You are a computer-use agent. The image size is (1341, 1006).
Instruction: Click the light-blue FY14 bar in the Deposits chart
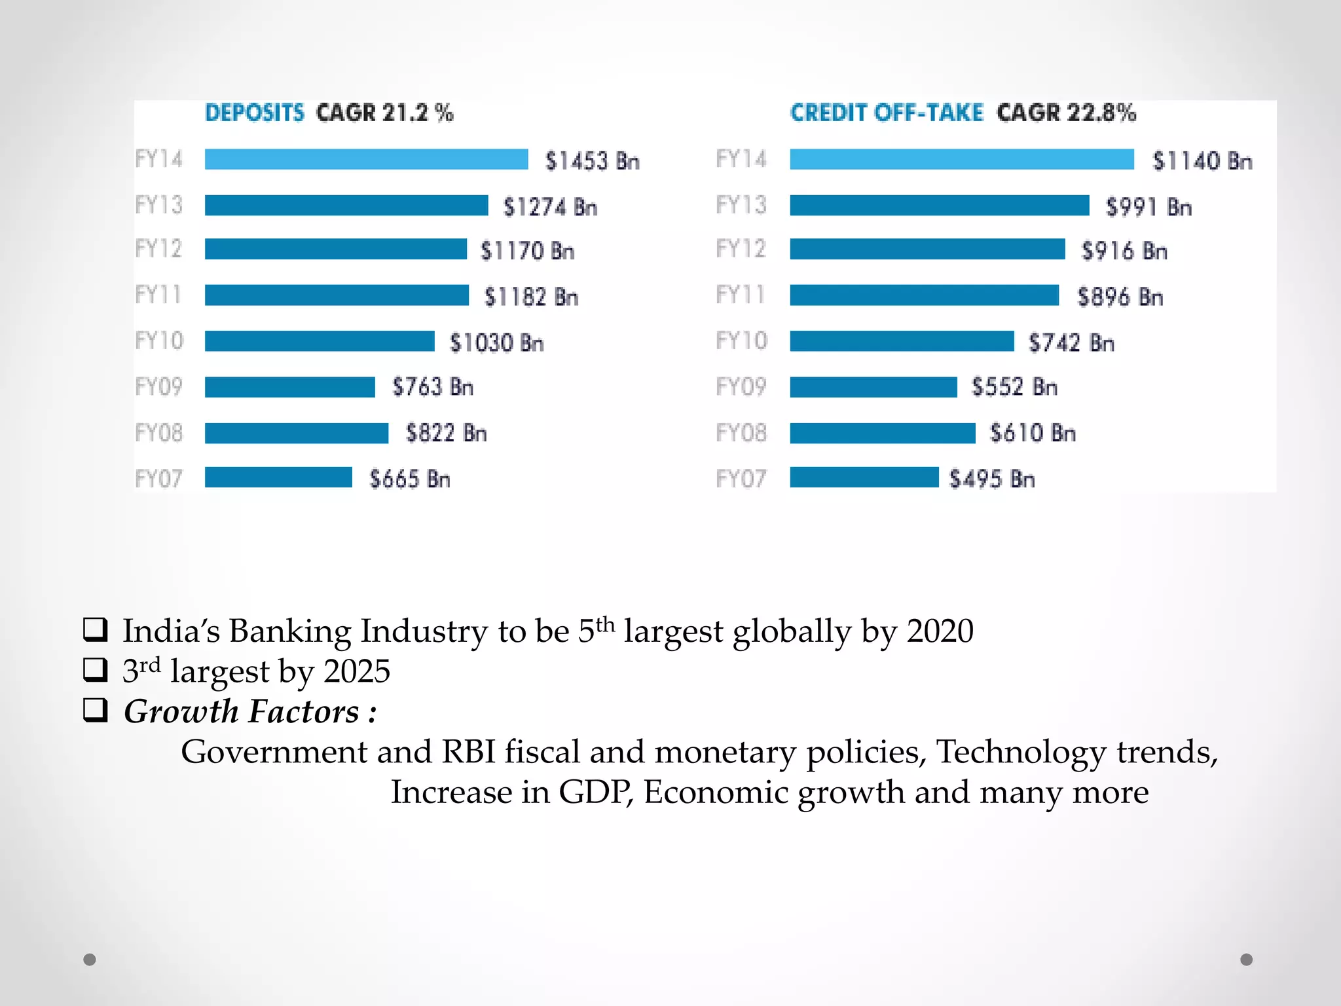pyautogui.click(x=366, y=159)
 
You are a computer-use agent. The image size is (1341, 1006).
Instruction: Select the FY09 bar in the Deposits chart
pyautogui.click(x=289, y=387)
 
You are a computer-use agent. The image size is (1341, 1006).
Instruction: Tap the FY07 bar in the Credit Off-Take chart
pyautogui.click(x=864, y=477)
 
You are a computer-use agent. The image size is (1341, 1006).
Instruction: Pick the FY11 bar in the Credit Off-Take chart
pyautogui.click(x=924, y=295)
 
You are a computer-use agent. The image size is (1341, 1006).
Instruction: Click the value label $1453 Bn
pyautogui.click(x=592, y=161)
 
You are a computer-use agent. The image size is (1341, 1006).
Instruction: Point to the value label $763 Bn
pyautogui.click(x=432, y=387)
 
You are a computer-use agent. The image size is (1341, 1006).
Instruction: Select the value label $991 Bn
pyautogui.click(x=1148, y=207)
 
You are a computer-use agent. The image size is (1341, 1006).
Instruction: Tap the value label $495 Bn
pyautogui.click(x=991, y=479)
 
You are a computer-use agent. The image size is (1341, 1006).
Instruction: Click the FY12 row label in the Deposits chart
pyautogui.click(x=158, y=249)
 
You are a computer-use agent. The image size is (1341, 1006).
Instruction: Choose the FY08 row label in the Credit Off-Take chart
pyautogui.click(x=741, y=433)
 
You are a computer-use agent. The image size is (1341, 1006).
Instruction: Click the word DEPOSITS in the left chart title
pyautogui.click(x=255, y=113)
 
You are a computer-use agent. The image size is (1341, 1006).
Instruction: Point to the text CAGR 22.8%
pyautogui.click(x=1066, y=113)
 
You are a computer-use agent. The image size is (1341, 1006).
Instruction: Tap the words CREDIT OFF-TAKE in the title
pyautogui.click(x=887, y=113)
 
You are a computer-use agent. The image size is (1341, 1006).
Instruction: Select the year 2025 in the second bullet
pyautogui.click(x=357, y=671)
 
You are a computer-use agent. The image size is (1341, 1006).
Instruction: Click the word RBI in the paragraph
pyautogui.click(x=468, y=752)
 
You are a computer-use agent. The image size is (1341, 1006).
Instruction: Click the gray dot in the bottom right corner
pyautogui.click(x=1246, y=959)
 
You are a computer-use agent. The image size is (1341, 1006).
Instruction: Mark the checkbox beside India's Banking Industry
pyautogui.click(x=96, y=629)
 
